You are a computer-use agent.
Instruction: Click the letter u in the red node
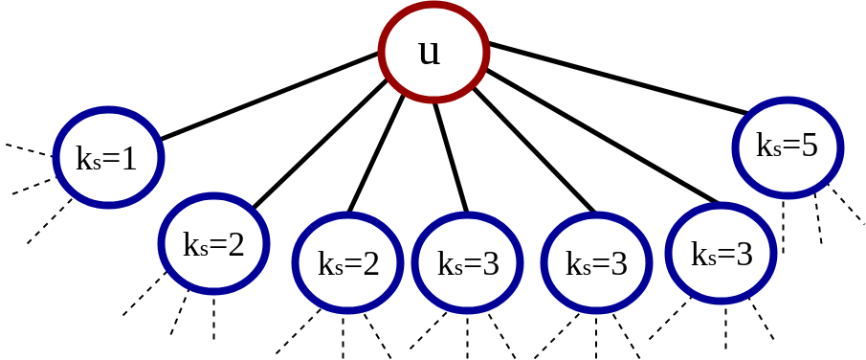point(430,53)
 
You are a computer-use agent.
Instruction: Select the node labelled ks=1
point(108,156)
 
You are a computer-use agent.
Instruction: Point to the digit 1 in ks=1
point(128,158)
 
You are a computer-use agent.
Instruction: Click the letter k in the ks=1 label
point(83,158)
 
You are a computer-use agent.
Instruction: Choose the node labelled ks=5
point(788,147)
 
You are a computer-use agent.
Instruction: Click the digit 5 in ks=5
point(809,146)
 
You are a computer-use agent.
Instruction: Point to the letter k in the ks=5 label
point(764,146)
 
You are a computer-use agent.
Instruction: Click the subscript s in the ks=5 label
point(776,150)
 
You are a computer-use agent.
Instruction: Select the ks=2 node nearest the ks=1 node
point(213,244)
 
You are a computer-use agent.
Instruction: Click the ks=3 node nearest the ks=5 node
point(721,254)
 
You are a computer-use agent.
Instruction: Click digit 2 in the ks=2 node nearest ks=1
point(235,245)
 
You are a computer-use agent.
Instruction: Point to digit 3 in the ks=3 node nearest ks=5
point(744,255)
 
